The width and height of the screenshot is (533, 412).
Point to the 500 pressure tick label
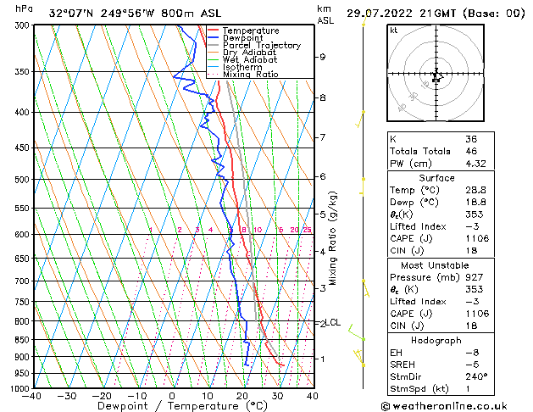point(20,180)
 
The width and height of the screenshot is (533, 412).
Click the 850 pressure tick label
point(20,340)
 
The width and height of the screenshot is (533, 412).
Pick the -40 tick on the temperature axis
point(32,396)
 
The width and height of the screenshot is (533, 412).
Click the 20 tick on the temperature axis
point(242,396)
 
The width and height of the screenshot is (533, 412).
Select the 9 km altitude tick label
point(323,57)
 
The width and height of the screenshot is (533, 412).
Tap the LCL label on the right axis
point(333,322)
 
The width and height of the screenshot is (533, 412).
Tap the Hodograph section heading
point(436,340)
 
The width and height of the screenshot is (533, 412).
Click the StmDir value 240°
point(476,376)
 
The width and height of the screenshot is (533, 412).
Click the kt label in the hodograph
point(394,30)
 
